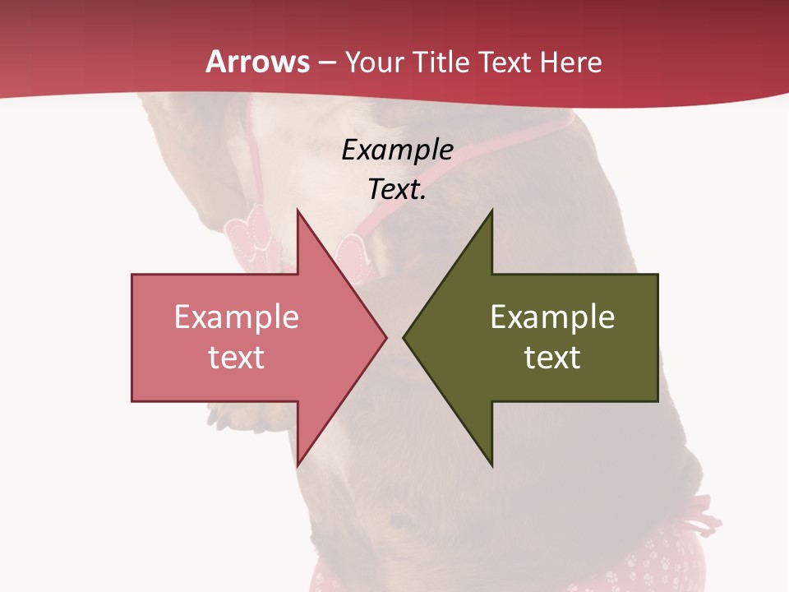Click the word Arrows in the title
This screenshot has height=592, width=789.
(258, 62)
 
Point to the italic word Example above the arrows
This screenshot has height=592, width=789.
(398, 150)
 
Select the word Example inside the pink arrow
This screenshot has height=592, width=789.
(237, 317)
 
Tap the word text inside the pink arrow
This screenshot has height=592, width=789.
(237, 357)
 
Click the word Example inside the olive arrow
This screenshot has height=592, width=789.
(552, 317)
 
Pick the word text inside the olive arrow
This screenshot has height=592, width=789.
(552, 357)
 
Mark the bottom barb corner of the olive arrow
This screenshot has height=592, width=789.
(491, 464)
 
